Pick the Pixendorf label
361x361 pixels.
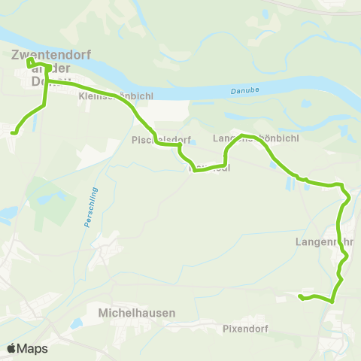(246, 328)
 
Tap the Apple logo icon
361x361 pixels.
(12, 348)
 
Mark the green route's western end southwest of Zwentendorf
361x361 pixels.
(13, 132)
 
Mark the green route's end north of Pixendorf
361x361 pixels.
(300, 297)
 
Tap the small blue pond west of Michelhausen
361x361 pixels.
(76, 323)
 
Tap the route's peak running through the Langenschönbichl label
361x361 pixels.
(242, 136)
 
